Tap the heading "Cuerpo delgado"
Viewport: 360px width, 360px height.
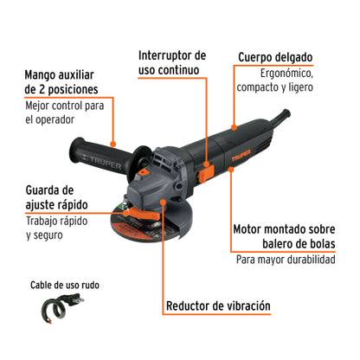(x=276, y=58)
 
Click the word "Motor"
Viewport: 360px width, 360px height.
(x=252, y=230)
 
